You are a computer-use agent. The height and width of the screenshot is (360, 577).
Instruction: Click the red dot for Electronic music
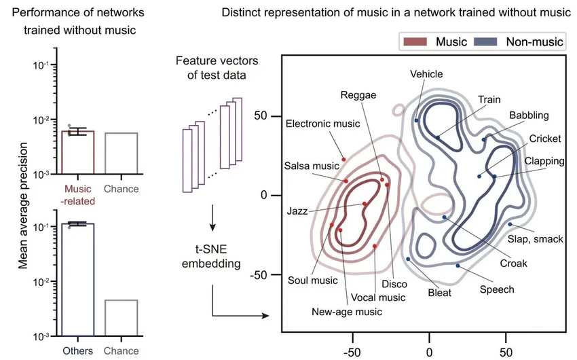point(343,159)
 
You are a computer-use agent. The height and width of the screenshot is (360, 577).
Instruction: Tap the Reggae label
point(358,95)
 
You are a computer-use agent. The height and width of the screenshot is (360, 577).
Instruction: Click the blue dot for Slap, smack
point(510,224)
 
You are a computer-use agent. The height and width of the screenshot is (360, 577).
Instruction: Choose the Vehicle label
point(426,73)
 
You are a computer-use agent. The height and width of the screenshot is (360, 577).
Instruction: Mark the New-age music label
point(347,312)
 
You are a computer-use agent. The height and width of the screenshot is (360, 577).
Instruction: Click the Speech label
point(497,289)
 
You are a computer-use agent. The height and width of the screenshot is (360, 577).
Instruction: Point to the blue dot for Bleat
point(408,259)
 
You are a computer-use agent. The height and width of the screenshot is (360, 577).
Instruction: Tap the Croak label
point(515,263)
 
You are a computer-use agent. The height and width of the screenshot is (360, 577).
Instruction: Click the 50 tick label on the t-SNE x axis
point(506,352)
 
